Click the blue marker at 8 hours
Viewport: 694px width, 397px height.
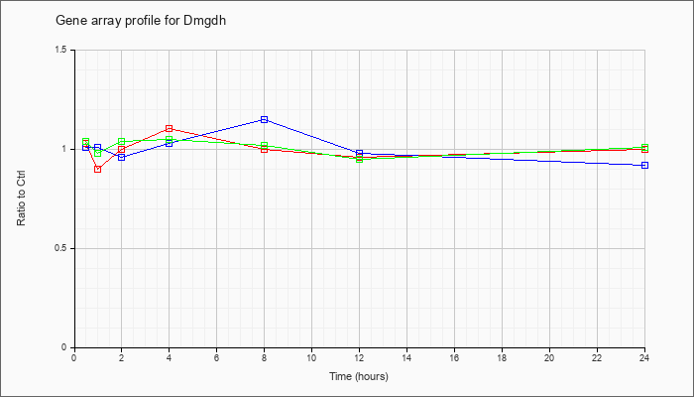(265, 120)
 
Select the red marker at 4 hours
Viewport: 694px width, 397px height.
(170, 128)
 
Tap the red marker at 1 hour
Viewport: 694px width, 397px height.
(98, 170)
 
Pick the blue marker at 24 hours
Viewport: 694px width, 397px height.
(644, 166)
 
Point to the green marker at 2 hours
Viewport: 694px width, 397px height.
(122, 142)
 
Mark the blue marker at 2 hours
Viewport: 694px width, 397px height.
(122, 157)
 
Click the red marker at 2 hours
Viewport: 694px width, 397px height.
(122, 149)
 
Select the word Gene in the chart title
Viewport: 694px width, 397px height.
(66, 21)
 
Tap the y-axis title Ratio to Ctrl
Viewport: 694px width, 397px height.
(21, 198)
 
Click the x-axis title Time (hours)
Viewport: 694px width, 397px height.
(359, 376)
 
